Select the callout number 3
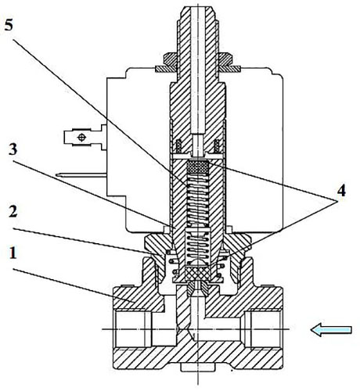click(x=13, y=149)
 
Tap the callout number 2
click(x=13, y=211)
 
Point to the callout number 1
click(x=13, y=253)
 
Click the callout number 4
click(x=341, y=191)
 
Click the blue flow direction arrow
click(x=331, y=330)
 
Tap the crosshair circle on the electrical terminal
click(x=82, y=138)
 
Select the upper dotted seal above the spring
click(x=198, y=167)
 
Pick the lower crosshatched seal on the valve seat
click(x=197, y=273)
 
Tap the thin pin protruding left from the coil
click(x=81, y=175)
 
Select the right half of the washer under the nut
click(x=230, y=69)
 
